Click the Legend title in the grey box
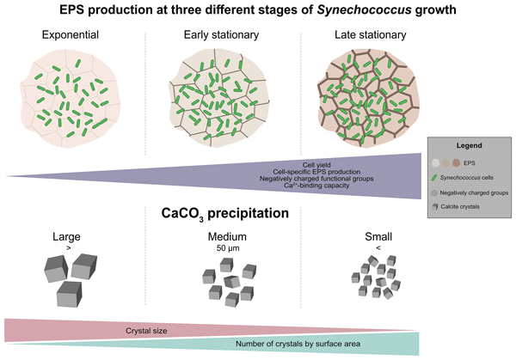click(470, 146)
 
